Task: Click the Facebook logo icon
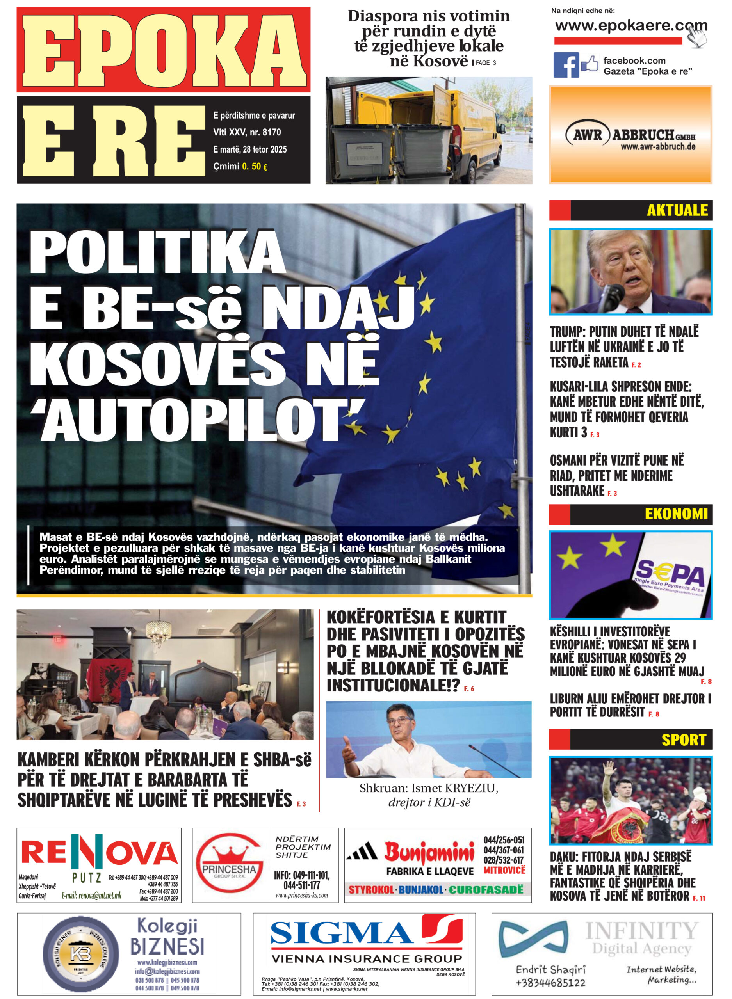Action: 565,65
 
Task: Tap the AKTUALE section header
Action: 677,210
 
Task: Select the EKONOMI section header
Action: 676,514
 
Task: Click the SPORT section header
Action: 683,739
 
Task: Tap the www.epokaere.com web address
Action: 630,26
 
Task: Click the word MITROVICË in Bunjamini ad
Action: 504,870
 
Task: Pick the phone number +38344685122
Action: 550,982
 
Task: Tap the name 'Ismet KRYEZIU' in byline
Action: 454,788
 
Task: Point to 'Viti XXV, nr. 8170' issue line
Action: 247,132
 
